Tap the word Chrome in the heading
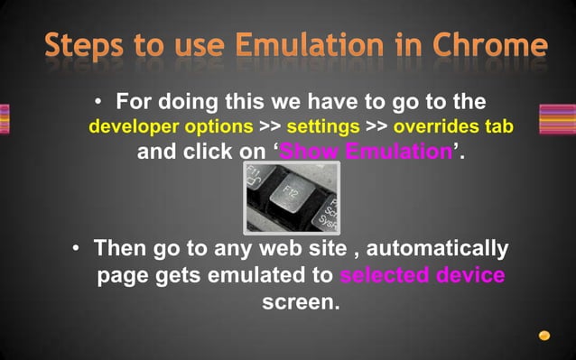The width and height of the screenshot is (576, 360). (489, 46)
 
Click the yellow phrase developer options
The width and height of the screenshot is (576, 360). (171, 125)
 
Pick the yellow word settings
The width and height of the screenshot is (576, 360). (323, 125)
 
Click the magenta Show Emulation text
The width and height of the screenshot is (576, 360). (365, 152)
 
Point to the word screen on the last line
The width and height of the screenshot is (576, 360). (301, 301)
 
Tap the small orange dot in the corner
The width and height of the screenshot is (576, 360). (544, 336)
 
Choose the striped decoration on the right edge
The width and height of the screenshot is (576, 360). (557, 119)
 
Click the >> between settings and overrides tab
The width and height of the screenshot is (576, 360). (376, 125)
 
